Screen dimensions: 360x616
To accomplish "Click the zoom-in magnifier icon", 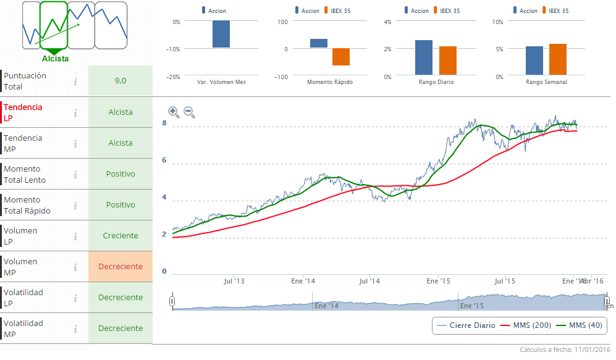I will (174, 112).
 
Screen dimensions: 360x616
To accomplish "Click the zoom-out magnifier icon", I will (189, 112).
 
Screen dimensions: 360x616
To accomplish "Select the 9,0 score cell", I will (120, 81).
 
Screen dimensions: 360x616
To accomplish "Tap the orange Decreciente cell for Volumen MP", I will (120, 267).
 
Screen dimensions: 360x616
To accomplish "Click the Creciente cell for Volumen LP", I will (120, 236).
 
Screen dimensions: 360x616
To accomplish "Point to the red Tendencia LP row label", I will (23, 112).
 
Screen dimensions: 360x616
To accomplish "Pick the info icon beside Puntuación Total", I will (75, 81).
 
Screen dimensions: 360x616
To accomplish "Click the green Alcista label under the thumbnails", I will (56, 59).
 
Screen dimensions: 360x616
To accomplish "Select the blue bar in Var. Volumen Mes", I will (221, 35).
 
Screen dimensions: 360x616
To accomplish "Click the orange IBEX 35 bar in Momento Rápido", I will (341, 57).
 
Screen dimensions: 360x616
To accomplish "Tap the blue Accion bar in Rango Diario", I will (424, 57).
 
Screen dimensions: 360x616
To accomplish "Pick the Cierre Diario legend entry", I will (466, 325).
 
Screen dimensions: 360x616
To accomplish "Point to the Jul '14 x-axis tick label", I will (369, 281).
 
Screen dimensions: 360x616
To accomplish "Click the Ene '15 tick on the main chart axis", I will (437, 281).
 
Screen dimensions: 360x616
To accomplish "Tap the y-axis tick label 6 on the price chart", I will (164, 161).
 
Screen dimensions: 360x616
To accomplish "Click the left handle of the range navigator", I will (172, 301).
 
